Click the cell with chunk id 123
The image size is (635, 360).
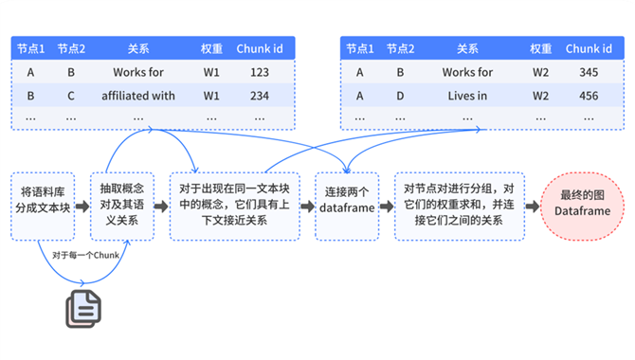click(259, 72)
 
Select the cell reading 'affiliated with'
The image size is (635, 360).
click(138, 96)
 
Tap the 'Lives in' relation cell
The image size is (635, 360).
click(467, 96)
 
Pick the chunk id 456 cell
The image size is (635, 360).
click(589, 96)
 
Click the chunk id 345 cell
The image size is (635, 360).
click(589, 72)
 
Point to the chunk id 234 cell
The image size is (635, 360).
click(259, 96)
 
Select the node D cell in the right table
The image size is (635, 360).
click(400, 96)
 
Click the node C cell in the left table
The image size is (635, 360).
click(71, 96)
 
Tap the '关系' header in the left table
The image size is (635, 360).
click(138, 48)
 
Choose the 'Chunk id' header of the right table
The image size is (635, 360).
click(589, 48)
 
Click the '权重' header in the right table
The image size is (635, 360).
click(540, 48)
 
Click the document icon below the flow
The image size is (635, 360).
click(83, 309)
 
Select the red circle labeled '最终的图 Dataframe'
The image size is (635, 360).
click(582, 207)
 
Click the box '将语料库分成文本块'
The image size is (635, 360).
click(43, 207)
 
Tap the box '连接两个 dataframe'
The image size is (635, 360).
click(347, 207)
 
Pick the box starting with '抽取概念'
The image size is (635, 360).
click(122, 207)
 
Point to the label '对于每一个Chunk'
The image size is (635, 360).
click(85, 255)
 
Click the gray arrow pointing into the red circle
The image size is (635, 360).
click(533, 207)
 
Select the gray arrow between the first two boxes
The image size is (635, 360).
click(82, 207)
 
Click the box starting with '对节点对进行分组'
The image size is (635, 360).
click(460, 207)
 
